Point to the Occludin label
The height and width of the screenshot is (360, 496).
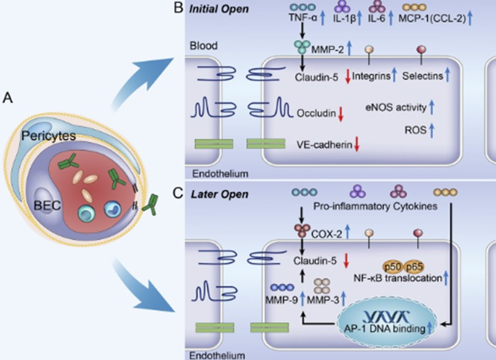316,114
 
